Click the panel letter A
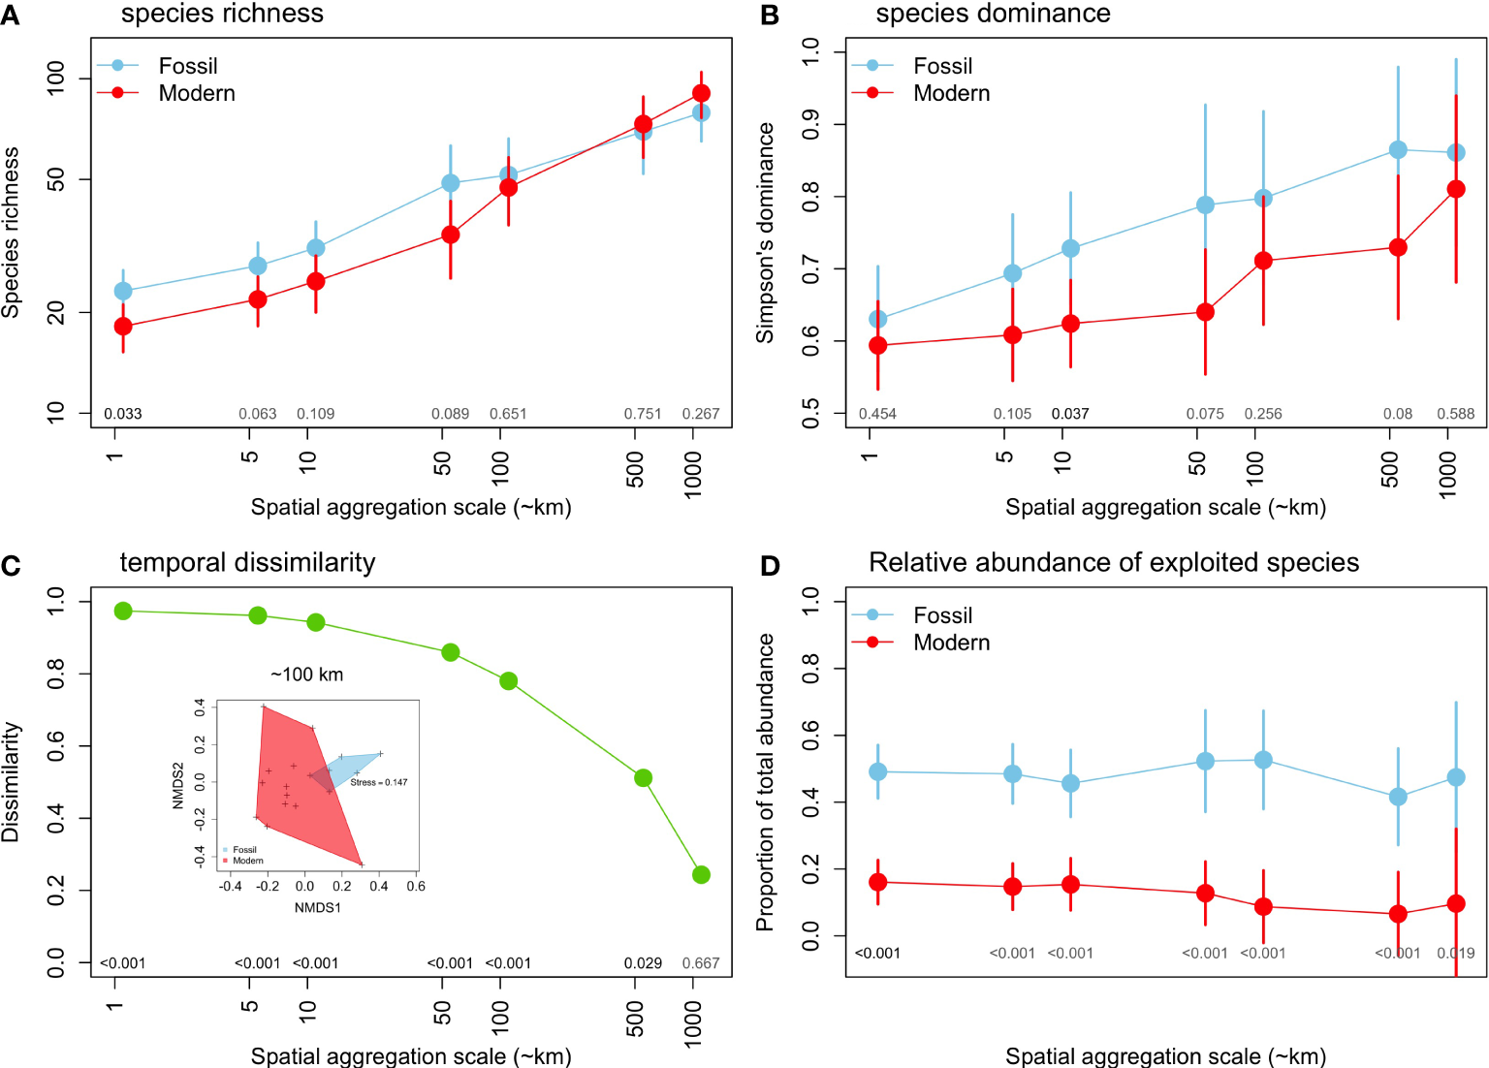click(x=11, y=16)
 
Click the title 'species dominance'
click(x=993, y=14)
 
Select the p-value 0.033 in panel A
click(x=123, y=414)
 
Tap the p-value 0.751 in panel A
click(x=643, y=414)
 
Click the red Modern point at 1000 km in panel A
click(x=701, y=93)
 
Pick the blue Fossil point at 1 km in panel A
click(x=123, y=291)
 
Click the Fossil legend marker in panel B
click(x=872, y=66)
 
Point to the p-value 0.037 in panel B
click(x=1070, y=414)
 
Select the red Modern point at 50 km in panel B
click(x=1205, y=312)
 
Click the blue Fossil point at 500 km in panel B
click(x=1398, y=150)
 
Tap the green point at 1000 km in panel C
click(x=701, y=875)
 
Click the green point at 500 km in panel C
click(x=643, y=778)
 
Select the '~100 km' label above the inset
click(x=306, y=675)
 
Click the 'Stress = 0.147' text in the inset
click(x=379, y=782)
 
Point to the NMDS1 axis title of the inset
click(x=318, y=908)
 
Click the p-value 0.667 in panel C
click(x=701, y=963)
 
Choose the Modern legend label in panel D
click(x=952, y=643)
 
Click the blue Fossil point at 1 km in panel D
click(x=877, y=772)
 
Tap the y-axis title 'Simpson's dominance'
click(x=766, y=233)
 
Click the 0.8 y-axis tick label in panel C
click(x=56, y=675)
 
